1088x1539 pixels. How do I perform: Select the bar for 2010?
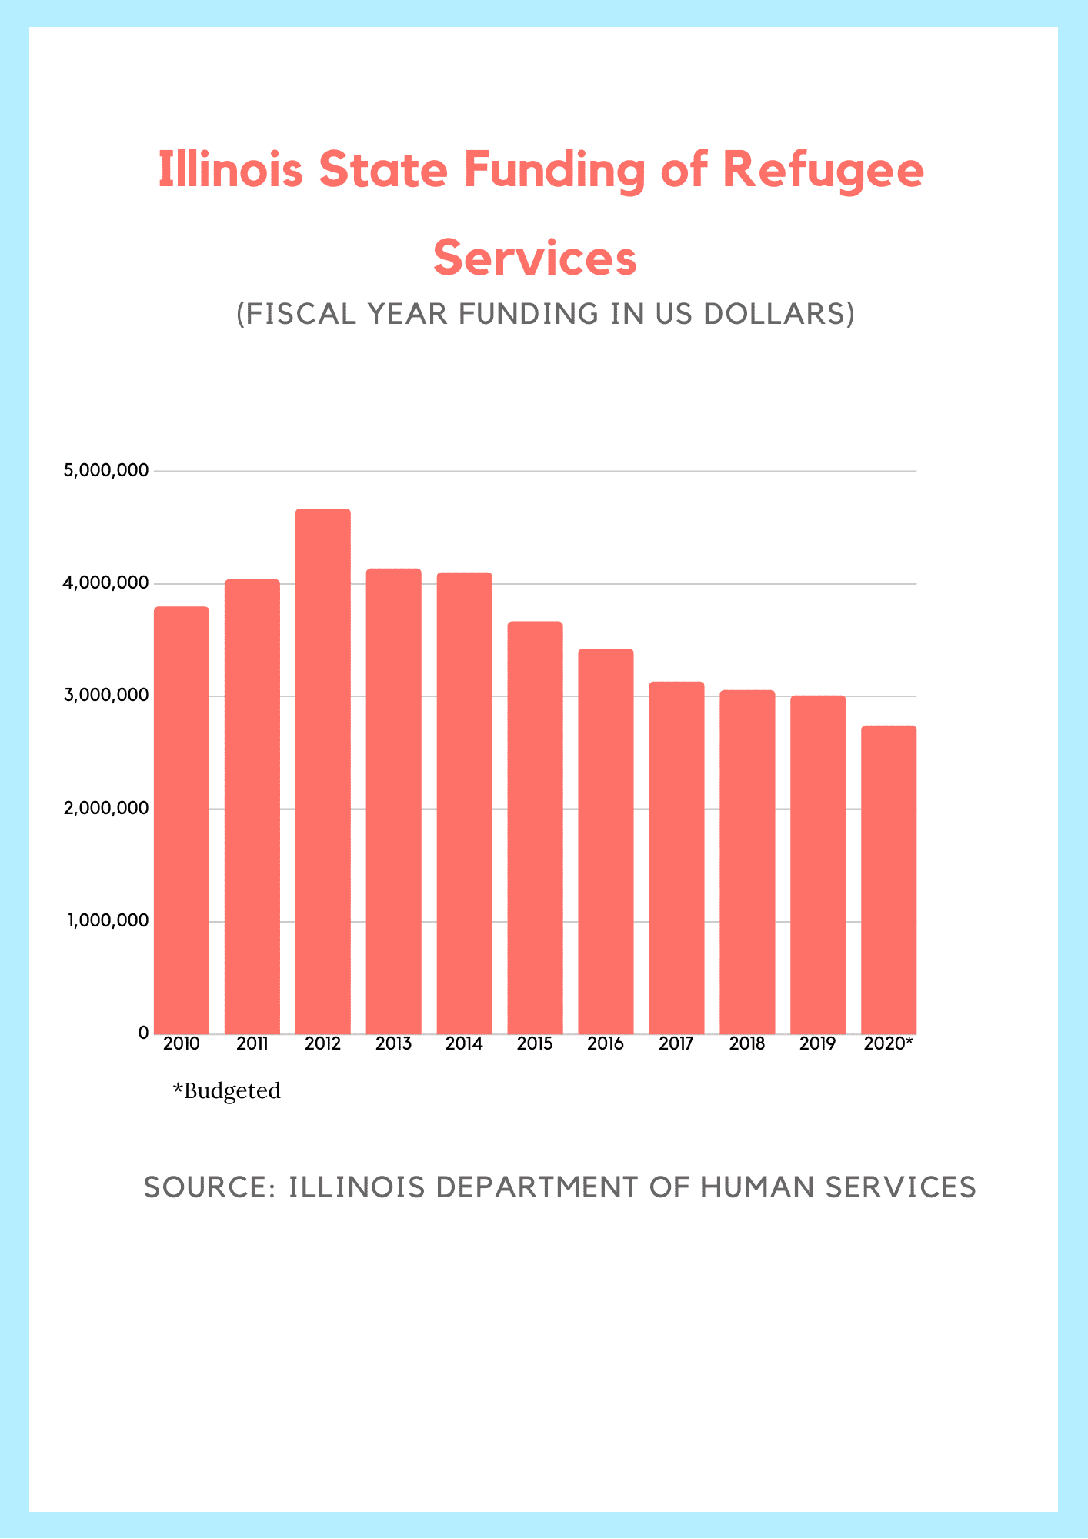182,820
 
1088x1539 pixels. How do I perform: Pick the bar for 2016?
606,841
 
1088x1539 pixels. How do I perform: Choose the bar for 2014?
464,803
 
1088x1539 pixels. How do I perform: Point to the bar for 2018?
747,862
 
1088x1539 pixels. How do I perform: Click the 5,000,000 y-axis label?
107,470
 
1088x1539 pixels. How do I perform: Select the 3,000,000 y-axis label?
107,696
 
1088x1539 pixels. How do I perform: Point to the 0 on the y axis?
143,1033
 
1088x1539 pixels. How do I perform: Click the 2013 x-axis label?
393,1044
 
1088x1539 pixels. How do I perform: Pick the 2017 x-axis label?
676,1044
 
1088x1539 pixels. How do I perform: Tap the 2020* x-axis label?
889,1044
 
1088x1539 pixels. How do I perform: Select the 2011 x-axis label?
252,1044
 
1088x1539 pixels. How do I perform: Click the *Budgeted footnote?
227,1091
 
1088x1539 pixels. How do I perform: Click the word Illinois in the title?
231,170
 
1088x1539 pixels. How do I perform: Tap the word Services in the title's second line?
536,259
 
